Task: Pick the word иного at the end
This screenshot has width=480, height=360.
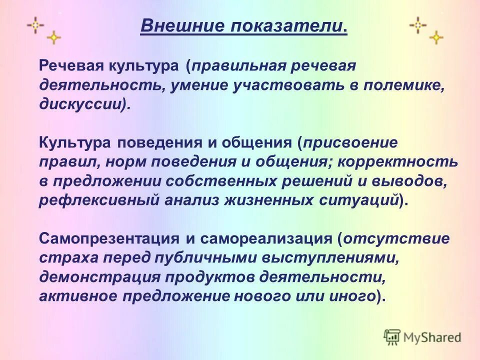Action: click(356, 295)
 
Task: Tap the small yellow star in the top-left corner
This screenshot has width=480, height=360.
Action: click(53, 37)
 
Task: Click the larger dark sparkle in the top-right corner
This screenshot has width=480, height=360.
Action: click(418, 24)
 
